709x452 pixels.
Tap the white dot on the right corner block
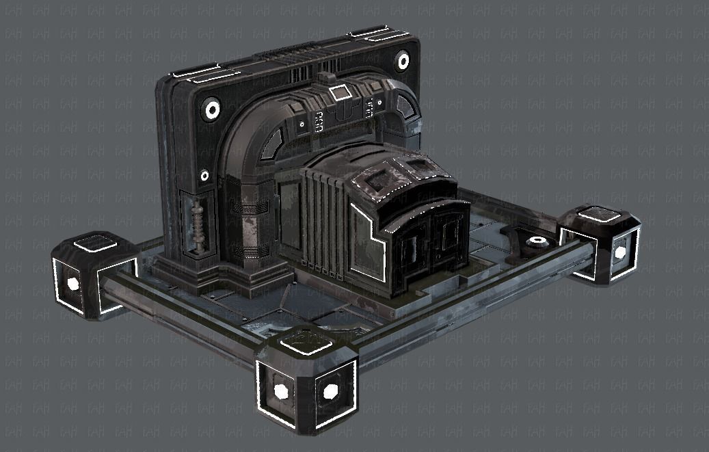point(619,252)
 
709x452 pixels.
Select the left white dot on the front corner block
point(280,390)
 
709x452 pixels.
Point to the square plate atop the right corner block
point(596,217)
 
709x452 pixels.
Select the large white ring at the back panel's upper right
point(403,62)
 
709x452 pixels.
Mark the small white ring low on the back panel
point(204,176)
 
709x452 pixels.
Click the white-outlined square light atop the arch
point(338,93)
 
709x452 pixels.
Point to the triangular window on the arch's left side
point(270,144)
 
